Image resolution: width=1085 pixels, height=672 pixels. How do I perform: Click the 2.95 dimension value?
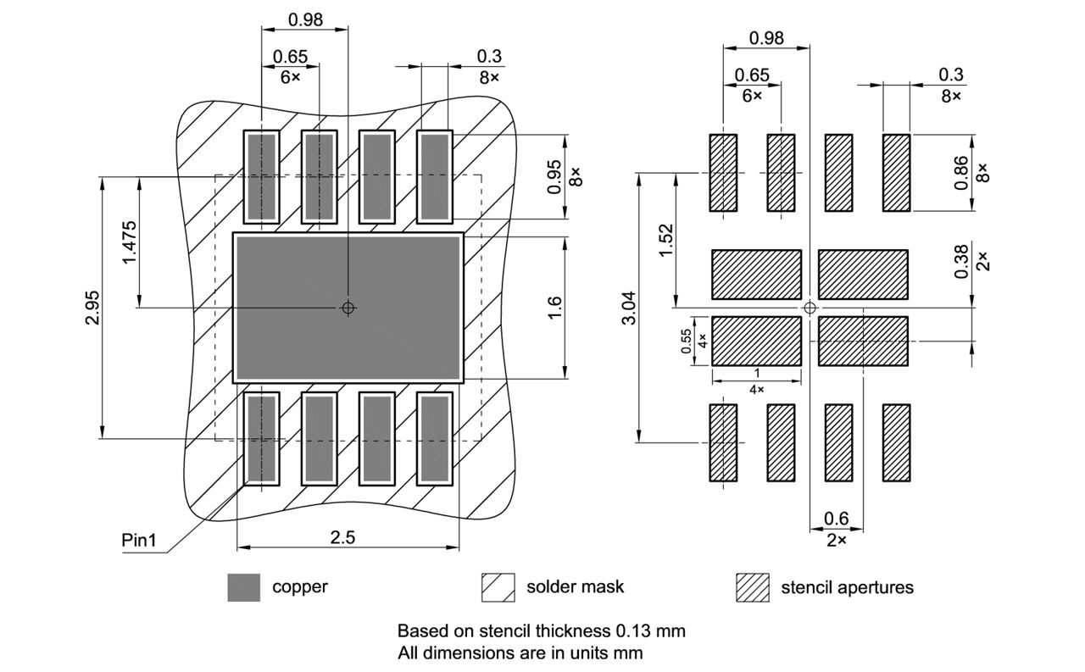point(92,308)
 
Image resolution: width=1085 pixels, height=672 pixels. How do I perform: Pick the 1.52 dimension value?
point(665,242)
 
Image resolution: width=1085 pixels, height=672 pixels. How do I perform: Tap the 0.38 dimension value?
point(961,262)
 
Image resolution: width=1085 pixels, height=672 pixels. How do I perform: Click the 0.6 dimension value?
point(837,519)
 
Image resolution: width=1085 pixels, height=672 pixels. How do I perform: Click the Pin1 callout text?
point(139,540)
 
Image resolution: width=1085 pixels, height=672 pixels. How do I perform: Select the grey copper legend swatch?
point(243,587)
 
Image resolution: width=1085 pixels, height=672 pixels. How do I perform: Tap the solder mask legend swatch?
point(498,587)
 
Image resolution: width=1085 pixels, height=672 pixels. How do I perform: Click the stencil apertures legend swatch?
point(752,587)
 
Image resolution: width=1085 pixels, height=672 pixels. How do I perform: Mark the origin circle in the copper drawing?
point(348,308)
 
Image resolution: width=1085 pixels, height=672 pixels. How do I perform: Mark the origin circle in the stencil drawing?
point(810,307)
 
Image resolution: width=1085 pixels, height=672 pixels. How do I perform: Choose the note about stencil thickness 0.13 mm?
point(541,631)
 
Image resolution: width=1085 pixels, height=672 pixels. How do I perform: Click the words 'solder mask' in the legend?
point(575,586)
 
